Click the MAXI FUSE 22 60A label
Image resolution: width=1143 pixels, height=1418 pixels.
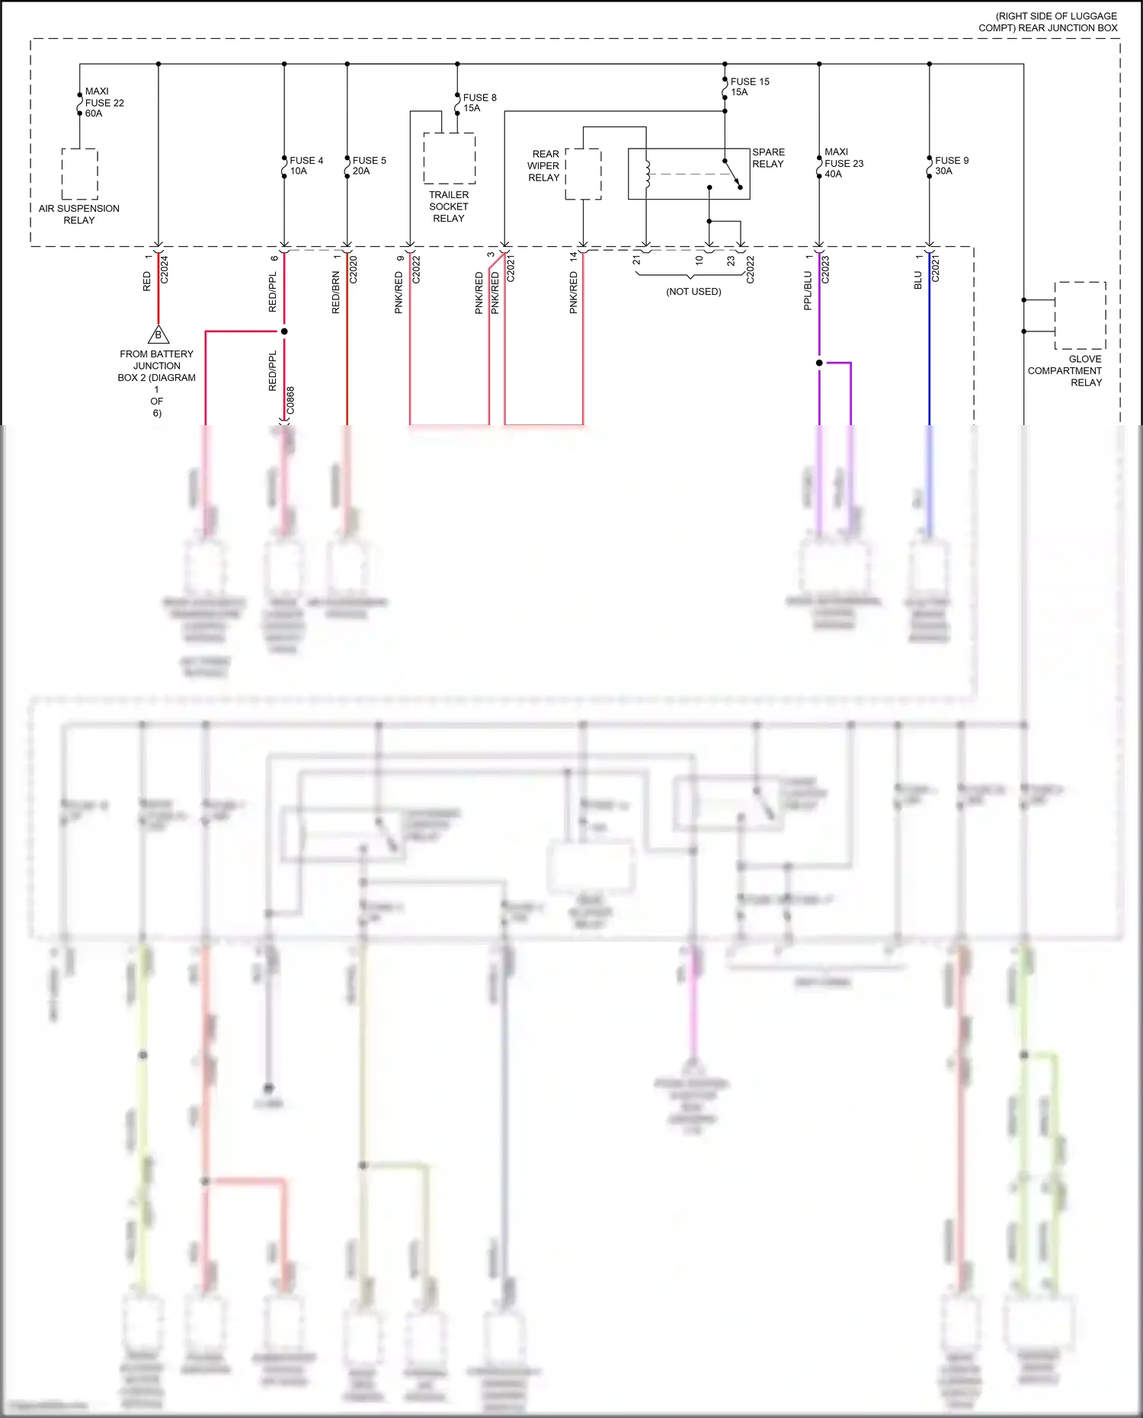tap(104, 102)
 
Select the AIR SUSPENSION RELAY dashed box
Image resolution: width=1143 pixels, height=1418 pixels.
tap(79, 174)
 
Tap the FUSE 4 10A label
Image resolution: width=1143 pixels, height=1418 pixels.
tap(306, 165)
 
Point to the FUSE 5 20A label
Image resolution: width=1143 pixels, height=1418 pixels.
tap(369, 165)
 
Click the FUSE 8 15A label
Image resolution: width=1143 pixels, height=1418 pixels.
tap(479, 103)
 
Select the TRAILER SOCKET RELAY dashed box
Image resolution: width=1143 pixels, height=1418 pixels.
tap(450, 158)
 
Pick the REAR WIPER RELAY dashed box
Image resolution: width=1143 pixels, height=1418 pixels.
tap(583, 174)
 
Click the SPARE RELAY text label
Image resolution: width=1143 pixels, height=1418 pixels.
tap(768, 158)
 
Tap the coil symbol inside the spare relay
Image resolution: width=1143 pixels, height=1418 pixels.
tap(648, 174)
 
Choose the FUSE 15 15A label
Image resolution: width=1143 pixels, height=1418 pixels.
tap(749, 87)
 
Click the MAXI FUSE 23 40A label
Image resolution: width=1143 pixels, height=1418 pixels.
tap(843, 163)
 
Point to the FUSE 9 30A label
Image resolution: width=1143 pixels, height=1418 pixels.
tap(951, 165)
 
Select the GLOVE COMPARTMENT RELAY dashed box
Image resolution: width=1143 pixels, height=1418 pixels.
tap(1080, 315)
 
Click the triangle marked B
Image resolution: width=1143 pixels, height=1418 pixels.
tap(158, 334)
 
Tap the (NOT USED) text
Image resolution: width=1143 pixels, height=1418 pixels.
tap(693, 292)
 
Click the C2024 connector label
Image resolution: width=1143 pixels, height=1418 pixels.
tap(165, 270)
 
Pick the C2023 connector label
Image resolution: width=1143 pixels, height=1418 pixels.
tap(825, 270)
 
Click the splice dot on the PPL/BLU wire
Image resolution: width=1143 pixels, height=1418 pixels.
tap(819, 363)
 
